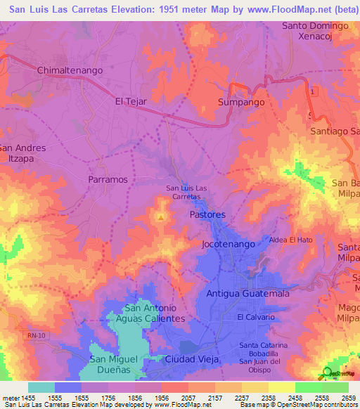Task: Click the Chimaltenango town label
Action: [70, 70]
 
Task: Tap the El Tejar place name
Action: [131, 101]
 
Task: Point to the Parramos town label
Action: [108, 179]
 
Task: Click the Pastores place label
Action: [207, 214]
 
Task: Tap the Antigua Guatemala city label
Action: [247, 293]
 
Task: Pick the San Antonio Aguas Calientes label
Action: [154, 313]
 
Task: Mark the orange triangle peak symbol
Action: [161, 217]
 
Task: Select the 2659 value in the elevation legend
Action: [347, 397]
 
